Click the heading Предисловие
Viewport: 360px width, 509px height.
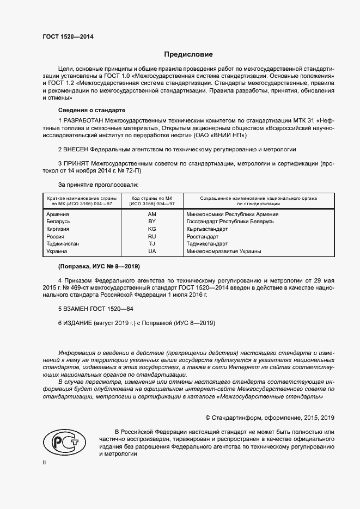click(x=188, y=54)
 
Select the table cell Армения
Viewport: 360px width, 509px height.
click(x=58, y=214)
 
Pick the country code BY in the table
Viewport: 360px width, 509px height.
click(x=152, y=222)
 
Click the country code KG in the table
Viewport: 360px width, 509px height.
click(x=152, y=230)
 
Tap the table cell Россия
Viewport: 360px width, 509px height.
click(x=56, y=237)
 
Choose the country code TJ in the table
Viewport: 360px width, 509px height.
click(x=152, y=244)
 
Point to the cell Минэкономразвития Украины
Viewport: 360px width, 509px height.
click(x=223, y=252)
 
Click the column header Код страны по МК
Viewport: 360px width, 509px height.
click(x=152, y=198)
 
